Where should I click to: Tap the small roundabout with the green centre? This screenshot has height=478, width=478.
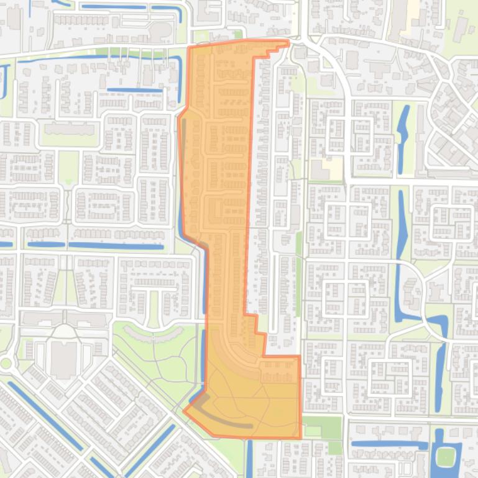6,363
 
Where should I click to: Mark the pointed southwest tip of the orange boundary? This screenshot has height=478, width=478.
184,410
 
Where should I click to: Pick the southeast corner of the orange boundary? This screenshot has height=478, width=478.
301,438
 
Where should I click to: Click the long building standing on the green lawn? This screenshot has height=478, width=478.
69,129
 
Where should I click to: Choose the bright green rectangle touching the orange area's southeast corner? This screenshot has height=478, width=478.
322,426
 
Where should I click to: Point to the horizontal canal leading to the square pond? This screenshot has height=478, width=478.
388,444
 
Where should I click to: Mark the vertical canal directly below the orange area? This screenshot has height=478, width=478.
249,459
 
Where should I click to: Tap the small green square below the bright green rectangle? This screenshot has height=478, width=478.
335,448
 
